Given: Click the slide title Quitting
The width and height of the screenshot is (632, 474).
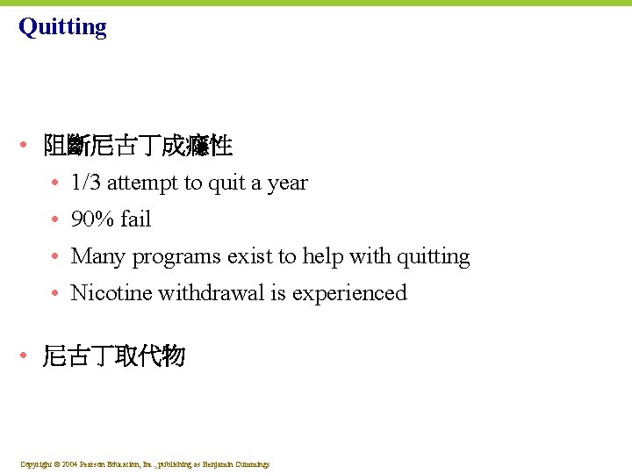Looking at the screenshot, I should [x=62, y=27].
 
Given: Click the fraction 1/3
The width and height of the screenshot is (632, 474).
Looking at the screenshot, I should [x=86, y=183].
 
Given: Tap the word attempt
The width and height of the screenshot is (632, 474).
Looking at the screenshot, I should [x=143, y=183].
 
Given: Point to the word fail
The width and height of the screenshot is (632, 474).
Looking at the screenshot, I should [x=136, y=219].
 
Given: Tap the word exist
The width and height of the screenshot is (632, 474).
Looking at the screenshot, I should [x=249, y=256].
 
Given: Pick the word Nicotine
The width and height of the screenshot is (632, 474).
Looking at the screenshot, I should [x=111, y=293].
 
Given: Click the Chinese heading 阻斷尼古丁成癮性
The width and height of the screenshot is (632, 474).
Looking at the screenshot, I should [x=138, y=146].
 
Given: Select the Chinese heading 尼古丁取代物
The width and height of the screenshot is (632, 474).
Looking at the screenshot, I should [x=114, y=355].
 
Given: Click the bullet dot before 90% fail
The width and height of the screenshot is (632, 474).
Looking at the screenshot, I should [x=55, y=219].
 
